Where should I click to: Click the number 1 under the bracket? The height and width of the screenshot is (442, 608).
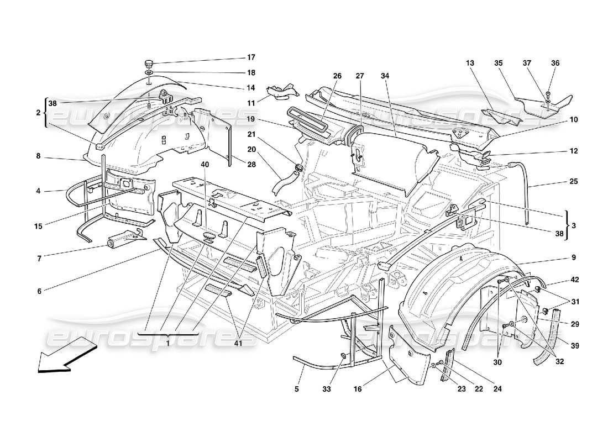point(166,342)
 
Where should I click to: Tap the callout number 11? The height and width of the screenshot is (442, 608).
point(251,103)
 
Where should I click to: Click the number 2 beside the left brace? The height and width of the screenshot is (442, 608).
point(38,113)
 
